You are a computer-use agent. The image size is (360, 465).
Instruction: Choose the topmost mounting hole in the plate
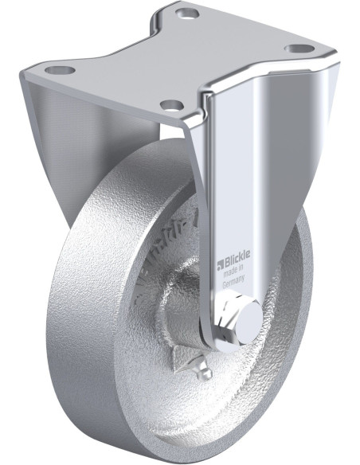pyautogui.click(x=186, y=14)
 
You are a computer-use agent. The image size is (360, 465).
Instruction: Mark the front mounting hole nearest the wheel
pyautogui.click(x=170, y=104)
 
